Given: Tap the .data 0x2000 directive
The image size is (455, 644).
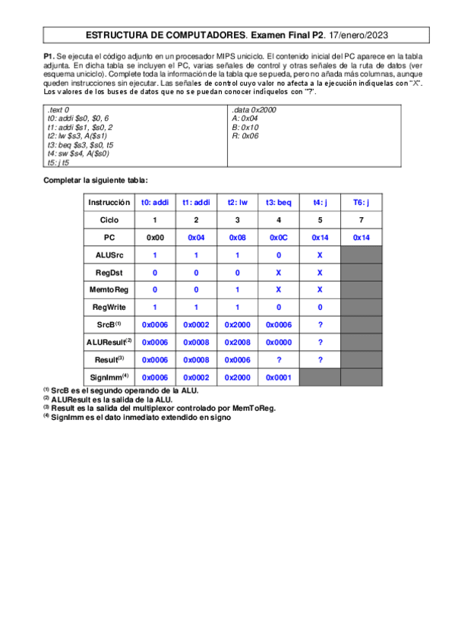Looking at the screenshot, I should point(255,110).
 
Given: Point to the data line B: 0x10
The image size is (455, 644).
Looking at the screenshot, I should point(246,128).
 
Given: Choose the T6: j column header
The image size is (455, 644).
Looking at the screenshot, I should point(361,202).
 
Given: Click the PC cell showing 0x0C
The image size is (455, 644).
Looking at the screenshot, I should point(278,238).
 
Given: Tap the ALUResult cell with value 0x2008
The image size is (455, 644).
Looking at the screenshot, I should point(237,343).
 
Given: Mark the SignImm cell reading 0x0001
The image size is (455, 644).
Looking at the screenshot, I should point(278,377).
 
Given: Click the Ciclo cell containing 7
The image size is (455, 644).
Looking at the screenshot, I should point(361,219).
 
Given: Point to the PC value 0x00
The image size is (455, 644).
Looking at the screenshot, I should point(155,238).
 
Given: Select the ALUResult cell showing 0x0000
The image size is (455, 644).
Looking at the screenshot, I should point(278,343).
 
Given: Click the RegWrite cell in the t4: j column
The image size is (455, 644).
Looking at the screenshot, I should point(319,308).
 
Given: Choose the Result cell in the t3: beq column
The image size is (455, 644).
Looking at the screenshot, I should point(278,360).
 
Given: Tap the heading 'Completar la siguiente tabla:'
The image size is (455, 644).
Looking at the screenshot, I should point(96,180).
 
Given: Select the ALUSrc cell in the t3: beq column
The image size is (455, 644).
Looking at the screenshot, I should point(278,255).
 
